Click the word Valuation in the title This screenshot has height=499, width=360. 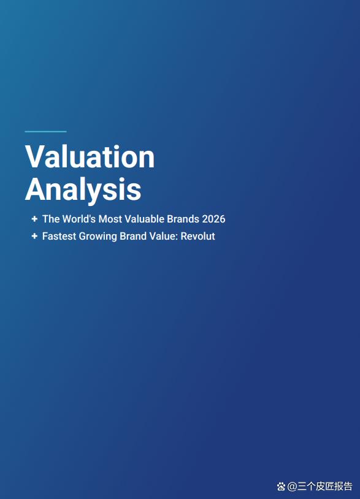(x=90, y=156)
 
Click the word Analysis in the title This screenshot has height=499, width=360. (x=83, y=189)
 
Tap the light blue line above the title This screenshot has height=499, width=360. (x=45, y=131)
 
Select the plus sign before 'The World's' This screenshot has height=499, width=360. (x=35, y=219)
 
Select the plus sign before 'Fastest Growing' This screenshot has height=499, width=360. (x=35, y=236)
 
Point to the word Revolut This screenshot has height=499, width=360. (x=197, y=236)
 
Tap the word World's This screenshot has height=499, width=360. (x=79, y=219)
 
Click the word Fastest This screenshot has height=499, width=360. (x=59, y=236)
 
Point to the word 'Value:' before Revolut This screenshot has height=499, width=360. (x=164, y=236)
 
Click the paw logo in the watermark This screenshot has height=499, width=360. (x=281, y=486)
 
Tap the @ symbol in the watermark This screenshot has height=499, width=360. (x=292, y=487)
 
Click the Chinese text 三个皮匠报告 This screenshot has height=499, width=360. (x=325, y=486)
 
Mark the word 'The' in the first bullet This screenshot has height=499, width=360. (x=51, y=219)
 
